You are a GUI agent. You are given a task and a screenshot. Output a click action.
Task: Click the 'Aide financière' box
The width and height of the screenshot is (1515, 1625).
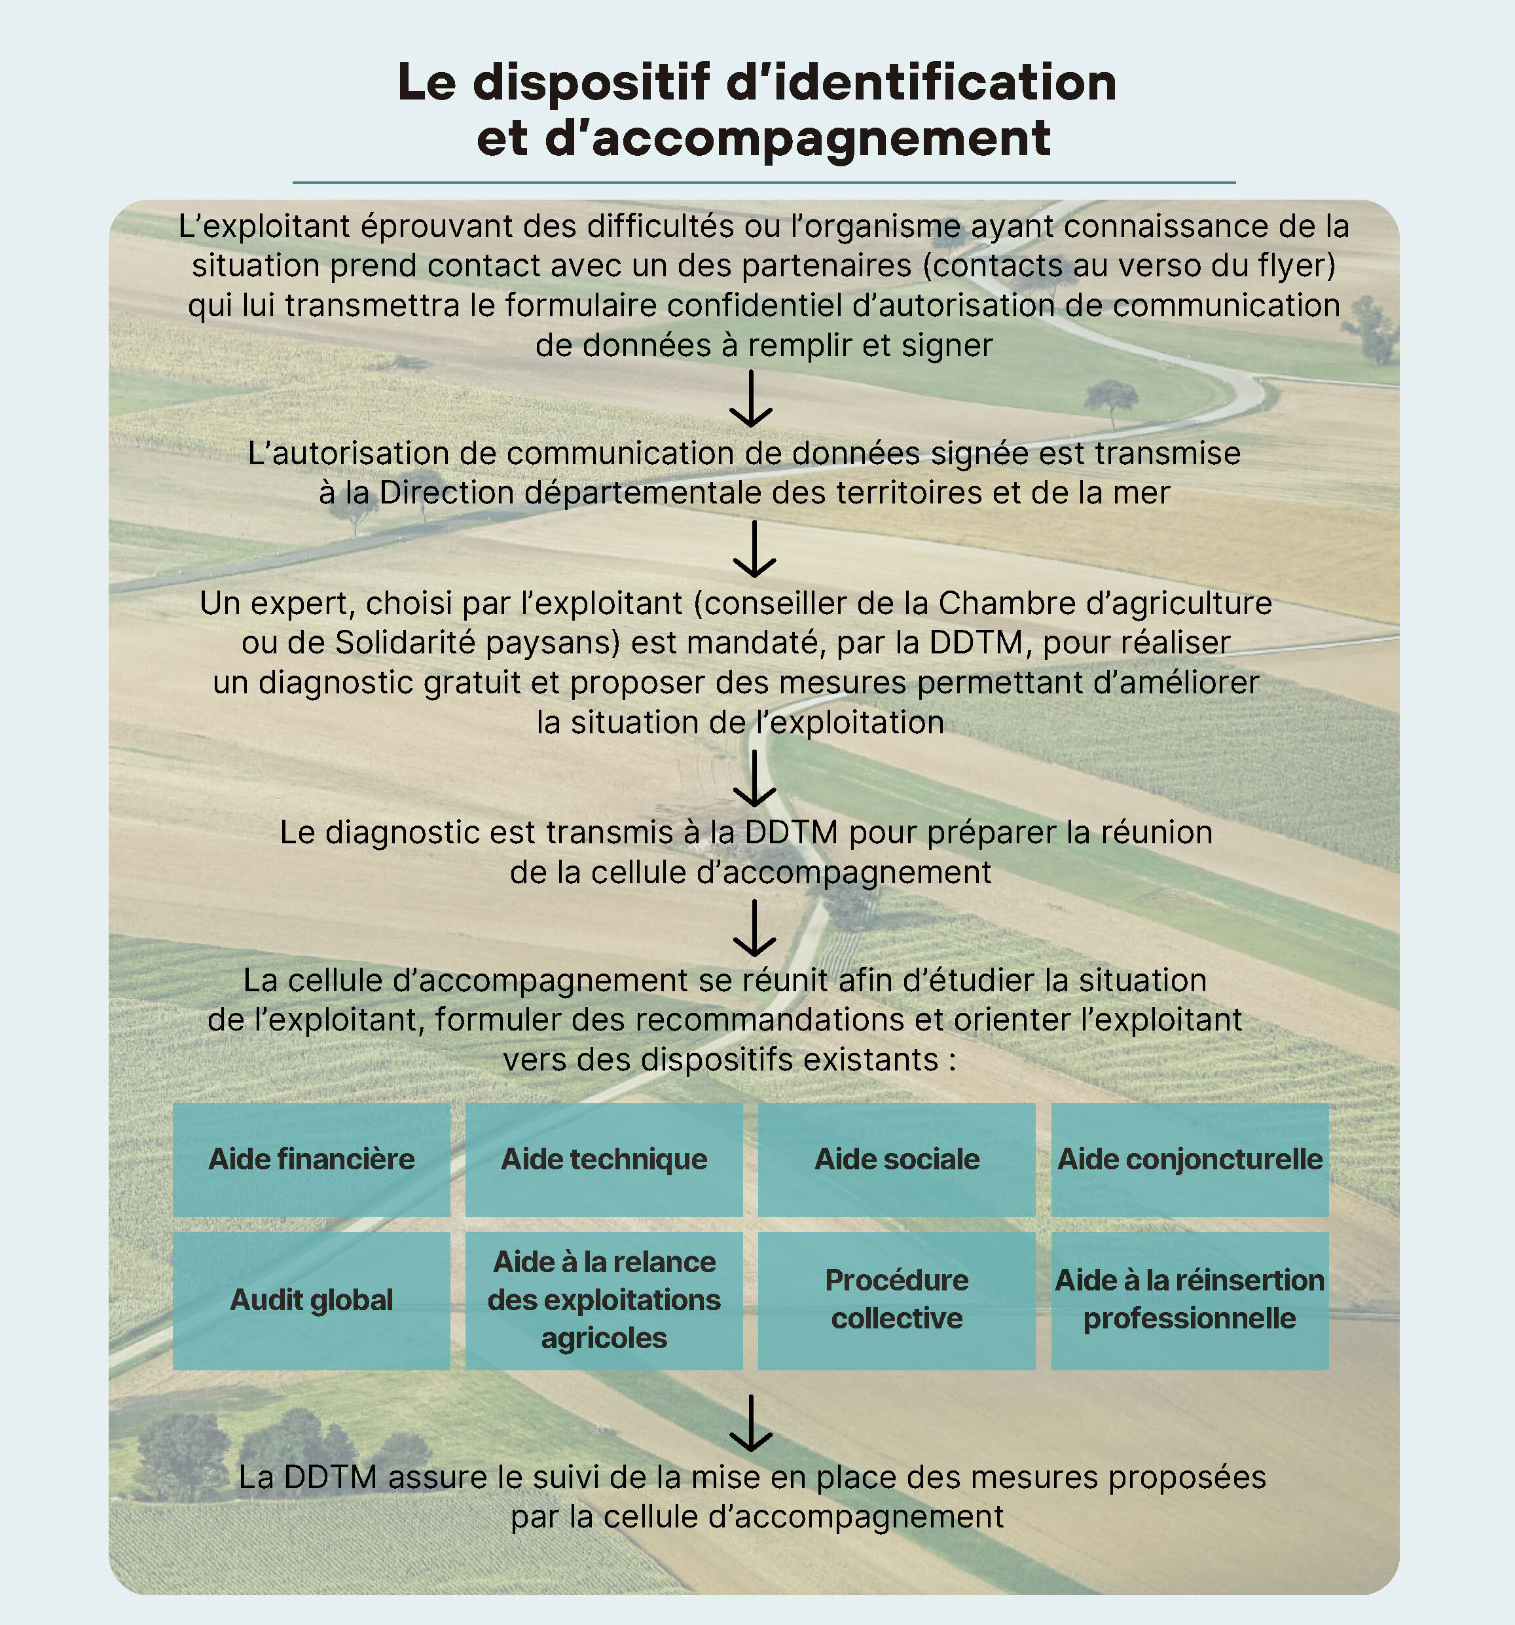click(x=311, y=1159)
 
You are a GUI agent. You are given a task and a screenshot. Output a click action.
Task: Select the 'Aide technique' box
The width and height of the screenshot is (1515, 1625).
click(x=604, y=1159)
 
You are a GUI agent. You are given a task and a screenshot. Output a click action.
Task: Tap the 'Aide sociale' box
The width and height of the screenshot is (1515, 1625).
click(x=896, y=1159)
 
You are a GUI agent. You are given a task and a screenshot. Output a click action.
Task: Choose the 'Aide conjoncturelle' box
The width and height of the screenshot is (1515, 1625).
click(x=1190, y=1159)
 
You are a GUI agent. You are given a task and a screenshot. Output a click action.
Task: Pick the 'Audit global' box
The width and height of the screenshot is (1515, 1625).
click(x=311, y=1300)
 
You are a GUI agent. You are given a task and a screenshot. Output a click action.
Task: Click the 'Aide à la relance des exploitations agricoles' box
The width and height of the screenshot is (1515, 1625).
click(x=604, y=1300)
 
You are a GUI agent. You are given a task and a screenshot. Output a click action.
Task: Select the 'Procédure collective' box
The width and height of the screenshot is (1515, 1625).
click(x=896, y=1300)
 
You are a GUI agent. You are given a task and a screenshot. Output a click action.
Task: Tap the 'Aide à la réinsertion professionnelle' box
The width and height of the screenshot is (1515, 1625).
click(x=1190, y=1300)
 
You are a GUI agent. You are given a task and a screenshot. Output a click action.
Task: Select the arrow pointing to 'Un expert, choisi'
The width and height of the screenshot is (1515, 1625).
click(x=754, y=549)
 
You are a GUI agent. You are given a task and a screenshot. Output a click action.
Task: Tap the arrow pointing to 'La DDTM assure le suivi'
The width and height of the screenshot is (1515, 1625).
click(x=750, y=1423)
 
